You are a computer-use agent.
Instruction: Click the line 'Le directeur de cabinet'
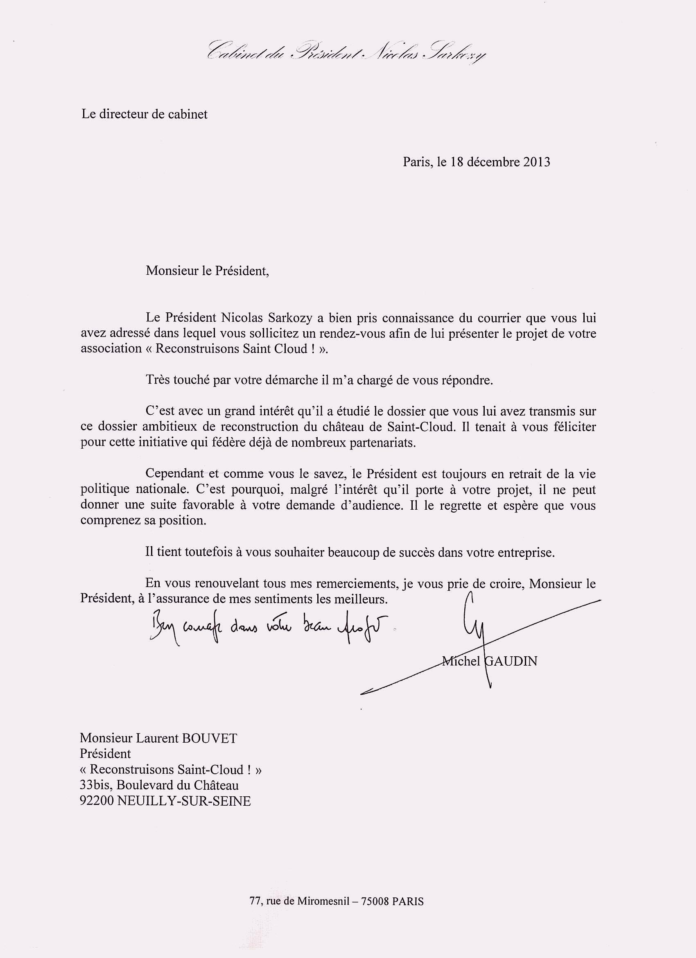point(145,115)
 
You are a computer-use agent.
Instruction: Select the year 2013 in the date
point(536,162)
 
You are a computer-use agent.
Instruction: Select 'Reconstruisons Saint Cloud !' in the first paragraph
point(233,348)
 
